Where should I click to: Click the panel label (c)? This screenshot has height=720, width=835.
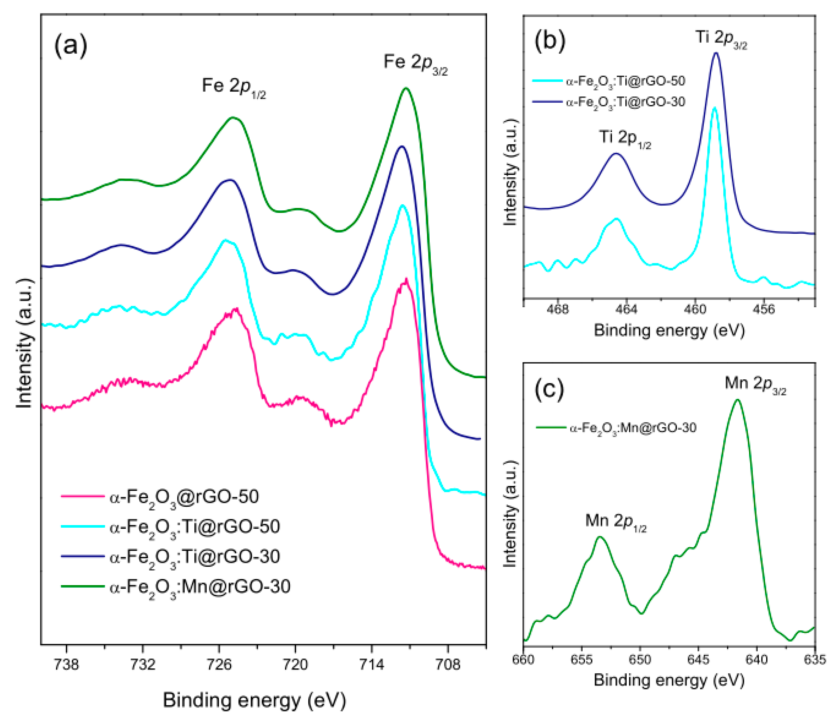[549, 390]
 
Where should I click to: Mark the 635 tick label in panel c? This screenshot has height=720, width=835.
[815, 660]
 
